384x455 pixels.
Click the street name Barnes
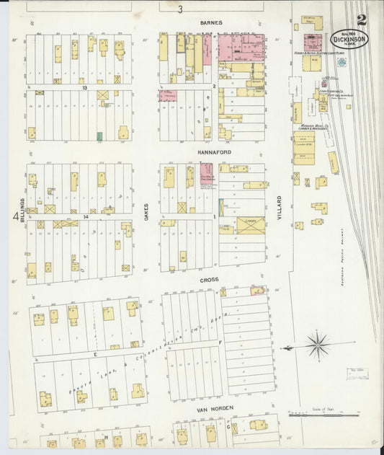pyautogui.click(x=211, y=23)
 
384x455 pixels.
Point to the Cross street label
pyautogui.click(x=210, y=279)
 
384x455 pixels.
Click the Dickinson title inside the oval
pyautogui.click(x=349, y=40)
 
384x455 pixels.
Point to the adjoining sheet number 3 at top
pyautogui.click(x=181, y=9)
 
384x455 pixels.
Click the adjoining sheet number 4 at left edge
pyautogui.click(x=14, y=216)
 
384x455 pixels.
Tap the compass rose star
pyautogui.click(x=318, y=345)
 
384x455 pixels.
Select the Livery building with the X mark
pyautogui.click(x=250, y=225)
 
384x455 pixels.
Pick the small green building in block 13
pyautogui.click(x=99, y=135)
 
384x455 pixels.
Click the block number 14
pyautogui.click(x=84, y=216)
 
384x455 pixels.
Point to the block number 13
pyautogui.click(x=84, y=87)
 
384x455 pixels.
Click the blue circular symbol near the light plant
pyautogui.click(x=341, y=63)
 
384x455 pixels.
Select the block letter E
pyautogui.click(x=94, y=355)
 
